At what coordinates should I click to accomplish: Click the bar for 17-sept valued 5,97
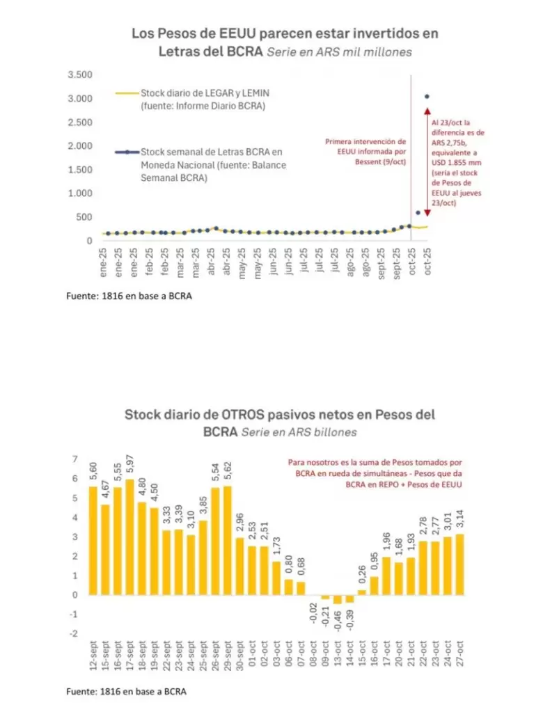click(x=129, y=537)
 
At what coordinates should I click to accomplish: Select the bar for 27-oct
click(x=459, y=564)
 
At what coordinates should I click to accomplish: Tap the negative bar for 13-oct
click(x=338, y=599)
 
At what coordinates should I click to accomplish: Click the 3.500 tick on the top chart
click(x=80, y=74)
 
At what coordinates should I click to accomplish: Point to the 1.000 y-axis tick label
click(x=80, y=193)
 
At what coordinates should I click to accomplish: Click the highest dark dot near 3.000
click(x=427, y=97)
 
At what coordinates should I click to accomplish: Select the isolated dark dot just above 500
click(x=418, y=212)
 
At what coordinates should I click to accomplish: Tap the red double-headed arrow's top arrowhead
click(x=427, y=111)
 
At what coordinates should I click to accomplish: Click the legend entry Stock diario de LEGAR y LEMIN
click(x=205, y=93)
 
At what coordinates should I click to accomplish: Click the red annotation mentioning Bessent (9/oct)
click(x=365, y=152)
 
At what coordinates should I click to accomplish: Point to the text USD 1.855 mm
click(x=457, y=163)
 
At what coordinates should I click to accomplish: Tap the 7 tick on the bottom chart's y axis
click(x=75, y=459)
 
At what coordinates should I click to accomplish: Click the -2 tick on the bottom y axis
click(x=74, y=633)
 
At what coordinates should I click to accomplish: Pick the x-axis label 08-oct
click(x=313, y=655)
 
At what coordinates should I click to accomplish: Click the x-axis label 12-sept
click(x=93, y=655)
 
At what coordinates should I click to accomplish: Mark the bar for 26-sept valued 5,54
click(x=215, y=541)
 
